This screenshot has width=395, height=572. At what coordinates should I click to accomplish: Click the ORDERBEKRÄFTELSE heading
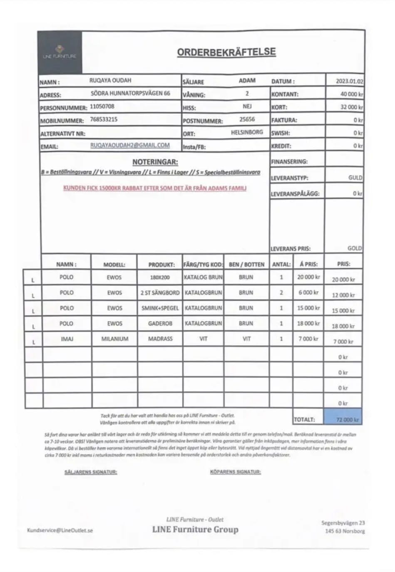[x=226, y=52]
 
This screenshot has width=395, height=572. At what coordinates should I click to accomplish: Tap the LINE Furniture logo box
[x=60, y=52]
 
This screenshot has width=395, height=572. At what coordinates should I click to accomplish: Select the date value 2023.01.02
[x=349, y=81]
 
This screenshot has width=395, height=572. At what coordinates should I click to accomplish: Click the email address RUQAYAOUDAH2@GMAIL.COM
[x=130, y=145]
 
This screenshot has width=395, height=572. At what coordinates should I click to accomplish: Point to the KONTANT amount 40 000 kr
[x=351, y=94]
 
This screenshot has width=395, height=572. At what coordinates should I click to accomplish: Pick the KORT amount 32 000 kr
[x=351, y=107]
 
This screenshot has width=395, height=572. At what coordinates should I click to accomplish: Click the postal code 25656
[x=247, y=119]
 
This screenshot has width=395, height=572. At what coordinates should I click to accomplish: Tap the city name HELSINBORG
[x=247, y=132]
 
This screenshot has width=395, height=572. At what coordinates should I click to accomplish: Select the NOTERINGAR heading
[x=155, y=162]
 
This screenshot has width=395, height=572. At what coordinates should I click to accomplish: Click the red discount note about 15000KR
[x=155, y=188]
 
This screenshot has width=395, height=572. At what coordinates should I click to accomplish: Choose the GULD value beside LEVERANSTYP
[x=355, y=178]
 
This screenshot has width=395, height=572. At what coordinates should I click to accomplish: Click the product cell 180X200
[x=160, y=277]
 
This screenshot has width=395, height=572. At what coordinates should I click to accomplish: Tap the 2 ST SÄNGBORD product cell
[x=160, y=293]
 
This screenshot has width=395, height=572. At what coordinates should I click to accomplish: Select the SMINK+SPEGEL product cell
[x=160, y=308]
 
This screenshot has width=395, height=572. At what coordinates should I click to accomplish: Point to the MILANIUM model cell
[x=114, y=339]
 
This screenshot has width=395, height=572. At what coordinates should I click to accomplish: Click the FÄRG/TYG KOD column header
[x=203, y=265]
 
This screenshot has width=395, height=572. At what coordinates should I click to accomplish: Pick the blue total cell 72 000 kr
[x=344, y=419]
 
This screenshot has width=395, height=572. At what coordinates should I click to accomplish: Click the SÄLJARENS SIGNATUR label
[x=91, y=472]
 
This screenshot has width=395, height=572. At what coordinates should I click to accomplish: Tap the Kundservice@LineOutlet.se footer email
[x=60, y=530]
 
